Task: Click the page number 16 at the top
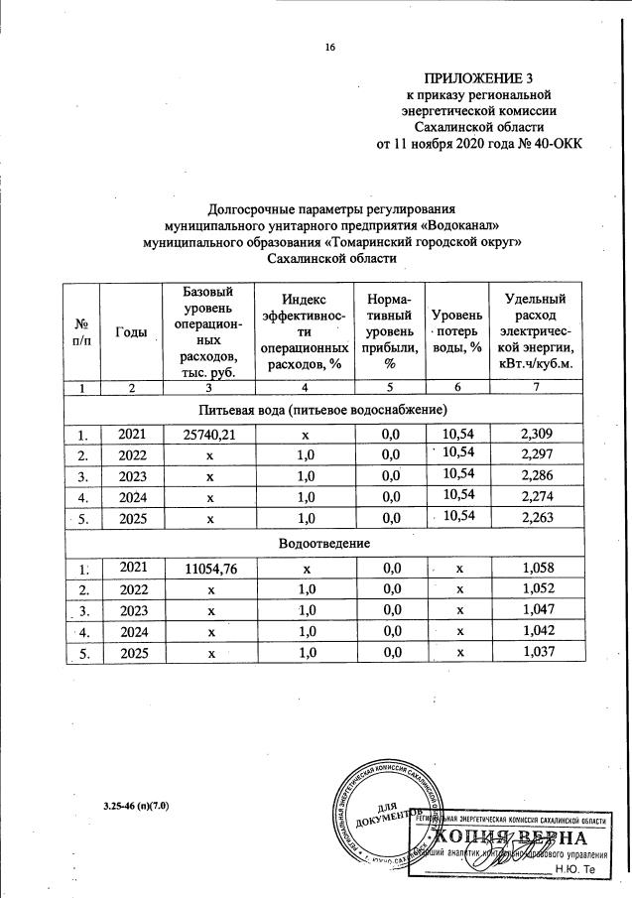pyautogui.click(x=331, y=47)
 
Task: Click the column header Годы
pyautogui.click(x=131, y=332)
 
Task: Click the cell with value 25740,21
pyautogui.click(x=208, y=434)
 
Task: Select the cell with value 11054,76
pyautogui.click(x=208, y=569)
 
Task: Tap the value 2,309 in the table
pyautogui.click(x=537, y=434)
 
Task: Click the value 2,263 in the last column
pyautogui.click(x=537, y=517)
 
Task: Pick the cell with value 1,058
pyautogui.click(x=537, y=568)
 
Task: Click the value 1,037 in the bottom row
pyautogui.click(x=537, y=652)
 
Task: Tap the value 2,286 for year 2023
pyautogui.click(x=537, y=475)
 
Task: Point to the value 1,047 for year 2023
pyautogui.click(x=537, y=610)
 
